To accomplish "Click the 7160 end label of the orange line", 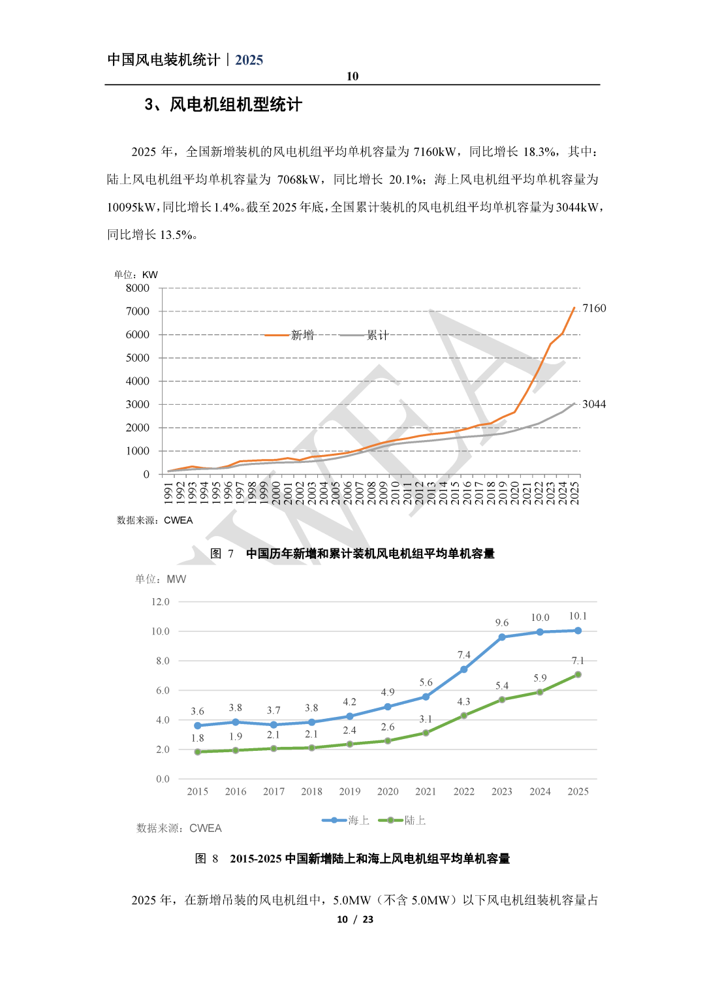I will [x=594, y=308].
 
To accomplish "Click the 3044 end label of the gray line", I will [x=594, y=404].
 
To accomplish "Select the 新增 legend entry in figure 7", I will [x=302, y=335].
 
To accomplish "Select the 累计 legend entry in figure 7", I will [x=377, y=335].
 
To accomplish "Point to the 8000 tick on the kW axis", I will [x=138, y=288].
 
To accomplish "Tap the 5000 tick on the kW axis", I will [x=138, y=358].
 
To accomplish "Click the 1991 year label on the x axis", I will [x=168, y=492].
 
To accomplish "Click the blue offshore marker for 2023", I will [x=502, y=637].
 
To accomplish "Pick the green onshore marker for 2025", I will [x=578, y=674].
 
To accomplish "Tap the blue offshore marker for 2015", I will [x=198, y=725].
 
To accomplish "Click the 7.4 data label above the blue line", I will [x=463, y=655].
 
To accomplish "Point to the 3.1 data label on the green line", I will [x=426, y=719].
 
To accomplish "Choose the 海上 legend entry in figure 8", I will [x=358, y=820].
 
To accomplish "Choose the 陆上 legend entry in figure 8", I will [x=415, y=820].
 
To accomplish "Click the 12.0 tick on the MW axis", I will [x=161, y=602].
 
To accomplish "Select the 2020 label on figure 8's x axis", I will [x=388, y=791].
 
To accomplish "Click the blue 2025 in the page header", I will [x=249, y=60].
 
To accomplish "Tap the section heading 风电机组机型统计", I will [x=236, y=104].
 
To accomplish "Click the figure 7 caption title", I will [x=370, y=554].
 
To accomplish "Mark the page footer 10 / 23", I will [x=355, y=919].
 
